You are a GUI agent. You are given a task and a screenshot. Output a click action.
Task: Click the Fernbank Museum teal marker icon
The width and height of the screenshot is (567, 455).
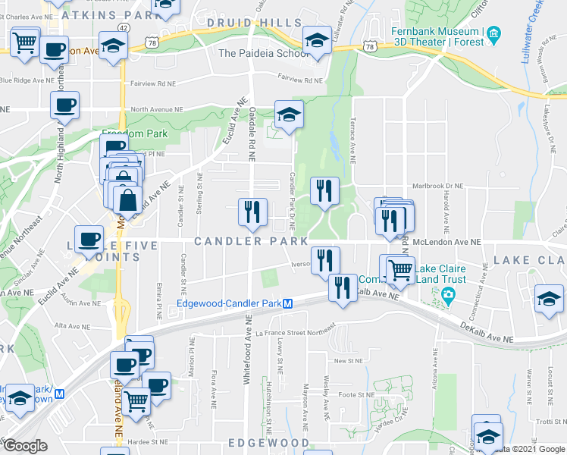[x=493, y=33]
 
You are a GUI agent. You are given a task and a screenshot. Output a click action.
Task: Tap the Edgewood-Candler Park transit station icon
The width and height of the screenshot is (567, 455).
[x=288, y=304]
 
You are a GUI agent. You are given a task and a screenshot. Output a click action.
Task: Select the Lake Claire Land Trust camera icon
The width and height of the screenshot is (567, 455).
[x=448, y=294]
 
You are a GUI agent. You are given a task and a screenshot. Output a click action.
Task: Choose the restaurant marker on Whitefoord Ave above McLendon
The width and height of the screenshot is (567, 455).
[x=252, y=211]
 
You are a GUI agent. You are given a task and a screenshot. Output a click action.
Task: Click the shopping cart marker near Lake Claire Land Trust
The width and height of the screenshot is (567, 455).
[x=399, y=269]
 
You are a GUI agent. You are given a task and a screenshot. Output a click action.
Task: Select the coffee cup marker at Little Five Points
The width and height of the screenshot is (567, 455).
[x=88, y=239]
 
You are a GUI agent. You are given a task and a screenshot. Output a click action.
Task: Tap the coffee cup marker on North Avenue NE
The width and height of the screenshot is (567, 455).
[x=65, y=105]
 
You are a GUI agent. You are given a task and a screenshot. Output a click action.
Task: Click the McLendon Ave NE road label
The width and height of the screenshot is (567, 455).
[x=449, y=241]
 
